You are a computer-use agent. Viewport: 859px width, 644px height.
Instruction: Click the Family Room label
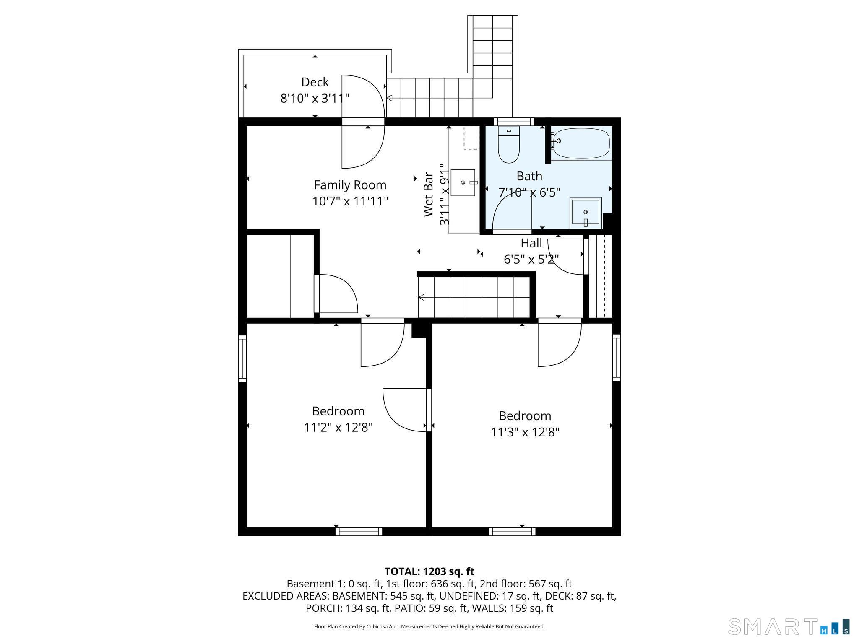tap(350, 185)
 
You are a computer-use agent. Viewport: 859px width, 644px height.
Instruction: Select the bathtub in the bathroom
tap(581, 143)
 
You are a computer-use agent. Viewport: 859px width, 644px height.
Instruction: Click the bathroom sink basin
tap(586, 212)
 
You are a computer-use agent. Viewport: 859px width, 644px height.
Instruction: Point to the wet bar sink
tap(463, 183)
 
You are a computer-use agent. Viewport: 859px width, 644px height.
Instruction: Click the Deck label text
tap(315, 82)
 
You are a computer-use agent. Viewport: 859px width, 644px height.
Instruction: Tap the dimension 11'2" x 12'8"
tap(338, 427)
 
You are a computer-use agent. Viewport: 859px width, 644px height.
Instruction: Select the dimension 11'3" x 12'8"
tap(525, 432)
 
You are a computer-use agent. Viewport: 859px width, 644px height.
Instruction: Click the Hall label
tap(531, 243)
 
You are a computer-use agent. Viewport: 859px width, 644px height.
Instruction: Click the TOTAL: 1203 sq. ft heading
tap(429, 571)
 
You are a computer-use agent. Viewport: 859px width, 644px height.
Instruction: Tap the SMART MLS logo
tap(789, 626)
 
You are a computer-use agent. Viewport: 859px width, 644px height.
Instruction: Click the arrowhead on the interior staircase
tap(422, 297)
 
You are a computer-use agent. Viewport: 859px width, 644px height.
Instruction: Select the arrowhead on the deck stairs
tap(389, 98)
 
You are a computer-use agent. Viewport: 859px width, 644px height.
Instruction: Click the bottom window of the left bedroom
tap(359, 532)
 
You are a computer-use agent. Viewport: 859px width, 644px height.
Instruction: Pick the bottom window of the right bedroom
tap(512, 532)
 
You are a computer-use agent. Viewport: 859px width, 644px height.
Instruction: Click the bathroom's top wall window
tap(514, 122)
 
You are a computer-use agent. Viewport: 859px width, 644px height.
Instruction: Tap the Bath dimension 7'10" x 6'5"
tap(529, 192)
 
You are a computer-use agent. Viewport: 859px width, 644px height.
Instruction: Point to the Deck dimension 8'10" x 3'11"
tap(315, 99)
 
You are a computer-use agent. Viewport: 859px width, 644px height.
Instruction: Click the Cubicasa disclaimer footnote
tap(429, 626)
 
